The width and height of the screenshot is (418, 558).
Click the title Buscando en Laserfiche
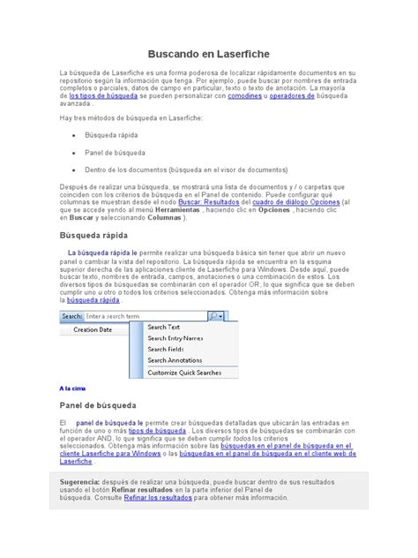click(x=209, y=54)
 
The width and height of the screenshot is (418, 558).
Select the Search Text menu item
click(x=163, y=327)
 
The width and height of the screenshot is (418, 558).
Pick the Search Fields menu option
click(x=166, y=350)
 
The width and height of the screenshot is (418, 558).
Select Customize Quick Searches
click(x=185, y=373)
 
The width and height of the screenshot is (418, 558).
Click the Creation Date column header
click(x=93, y=330)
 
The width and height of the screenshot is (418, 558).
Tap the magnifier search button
click(x=213, y=315)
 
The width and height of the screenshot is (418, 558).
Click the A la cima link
click(x=72, y=388)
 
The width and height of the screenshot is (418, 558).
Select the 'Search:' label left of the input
click(x=72, y=315)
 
